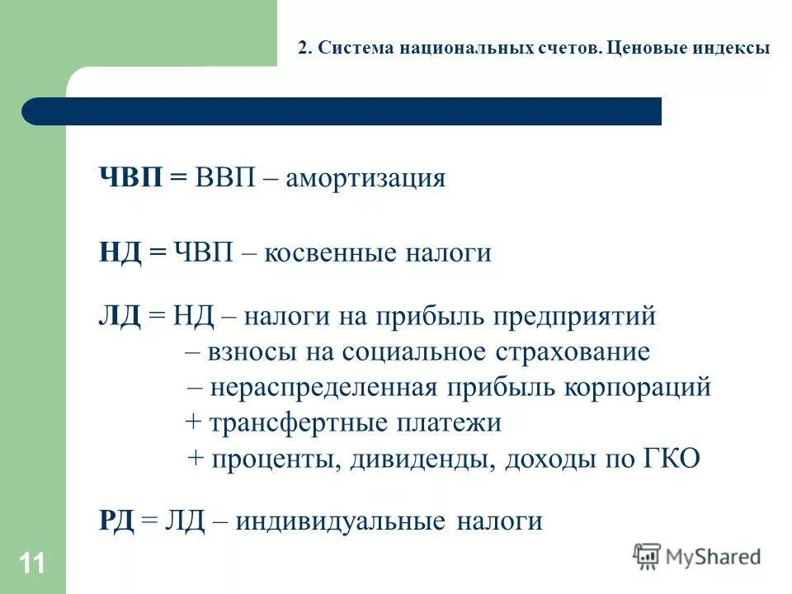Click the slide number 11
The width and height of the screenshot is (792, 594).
32,564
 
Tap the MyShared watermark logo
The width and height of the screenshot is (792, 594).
697,557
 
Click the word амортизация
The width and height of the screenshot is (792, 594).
365,178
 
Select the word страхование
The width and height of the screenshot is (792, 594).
573,352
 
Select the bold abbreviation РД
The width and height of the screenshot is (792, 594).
116,521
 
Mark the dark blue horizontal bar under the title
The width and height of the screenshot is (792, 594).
342,111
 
